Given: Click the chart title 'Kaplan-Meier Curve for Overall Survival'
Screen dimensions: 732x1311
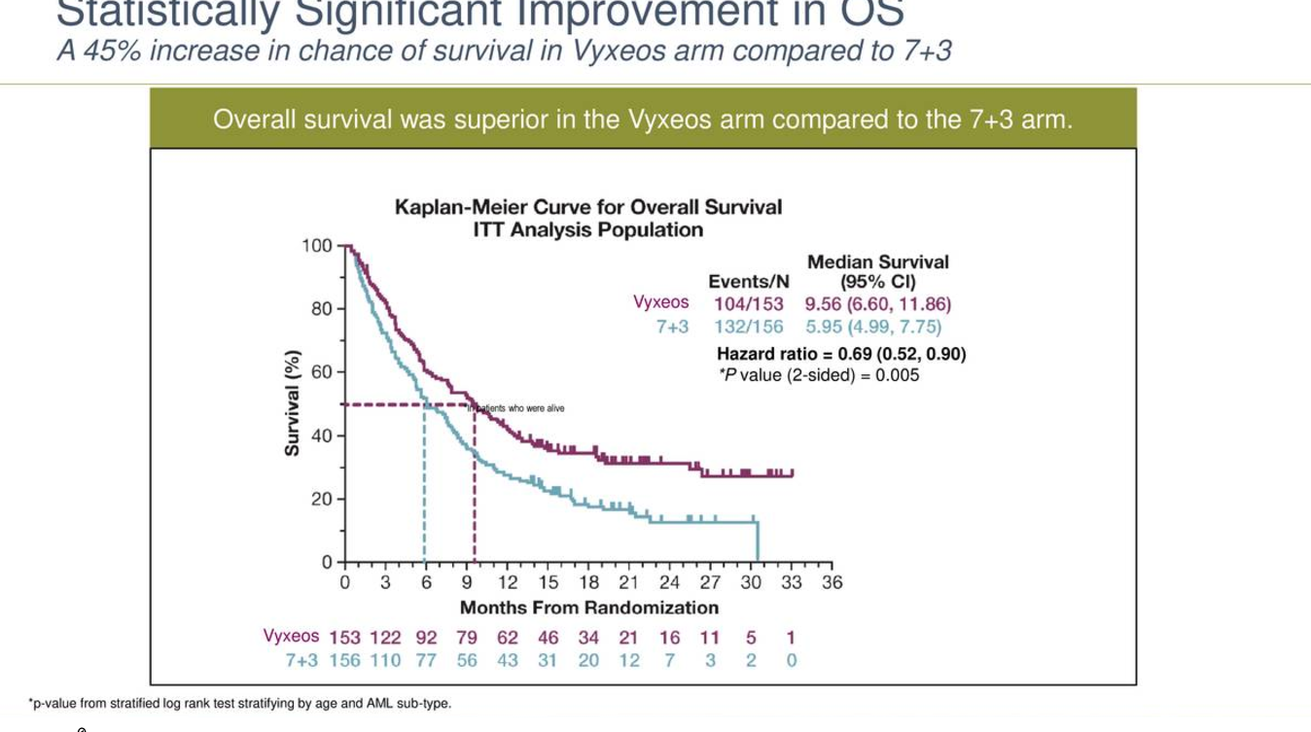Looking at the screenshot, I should [587, 207].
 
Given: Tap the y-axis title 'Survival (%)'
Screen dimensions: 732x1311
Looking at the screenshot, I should [291, 402].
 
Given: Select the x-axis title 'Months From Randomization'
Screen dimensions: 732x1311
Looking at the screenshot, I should [588, 608].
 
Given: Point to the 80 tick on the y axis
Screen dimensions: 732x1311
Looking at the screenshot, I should [321, 309].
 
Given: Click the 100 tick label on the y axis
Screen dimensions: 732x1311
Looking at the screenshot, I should [316, 245].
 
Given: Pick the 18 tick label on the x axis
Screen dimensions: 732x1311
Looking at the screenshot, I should [588, 583].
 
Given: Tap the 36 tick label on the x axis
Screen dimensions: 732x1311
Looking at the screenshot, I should [833, 583].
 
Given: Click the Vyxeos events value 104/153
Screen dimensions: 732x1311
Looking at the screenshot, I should [748, 303].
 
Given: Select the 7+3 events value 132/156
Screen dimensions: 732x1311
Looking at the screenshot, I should [748, 328].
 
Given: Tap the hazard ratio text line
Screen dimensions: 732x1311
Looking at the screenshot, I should [840, 354].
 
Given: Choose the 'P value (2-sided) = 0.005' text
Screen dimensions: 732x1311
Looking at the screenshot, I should [818, 375].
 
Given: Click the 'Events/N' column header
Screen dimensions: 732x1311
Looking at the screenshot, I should [748, 282].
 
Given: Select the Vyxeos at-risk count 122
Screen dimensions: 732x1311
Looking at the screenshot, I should [385, 638].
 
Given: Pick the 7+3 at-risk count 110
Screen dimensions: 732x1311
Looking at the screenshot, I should [385, 660].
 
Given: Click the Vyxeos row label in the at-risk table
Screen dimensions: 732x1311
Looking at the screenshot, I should [291, 636].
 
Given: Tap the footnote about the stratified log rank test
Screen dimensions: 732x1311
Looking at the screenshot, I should [240, 703].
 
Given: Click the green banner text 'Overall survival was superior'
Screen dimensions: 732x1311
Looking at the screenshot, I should [642, 120].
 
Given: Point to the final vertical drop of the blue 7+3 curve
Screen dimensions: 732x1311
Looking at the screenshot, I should [757, 541].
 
